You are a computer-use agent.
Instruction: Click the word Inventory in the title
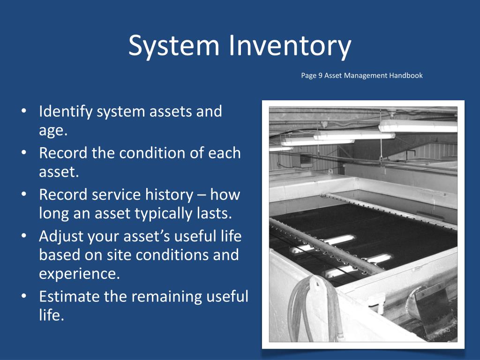[290, 46]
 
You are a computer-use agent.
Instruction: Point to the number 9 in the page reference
[319, 75]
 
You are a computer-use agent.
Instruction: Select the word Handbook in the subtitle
[405, 75]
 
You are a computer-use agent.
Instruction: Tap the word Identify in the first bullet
[67, 112]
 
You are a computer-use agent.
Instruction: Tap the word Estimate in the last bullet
[72, 296]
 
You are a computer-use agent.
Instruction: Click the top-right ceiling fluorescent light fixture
[417, 125]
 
